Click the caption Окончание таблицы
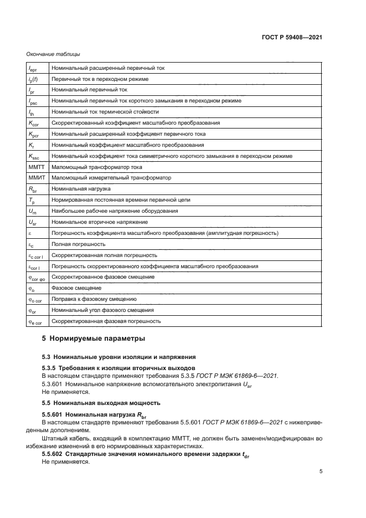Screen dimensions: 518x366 coord(53,54)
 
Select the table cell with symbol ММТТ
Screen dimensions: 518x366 coord(35,167)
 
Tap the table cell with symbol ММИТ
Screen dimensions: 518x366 coord(35,178)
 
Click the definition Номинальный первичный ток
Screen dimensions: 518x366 coord(89,90)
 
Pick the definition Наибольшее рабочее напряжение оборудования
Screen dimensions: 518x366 coord(107,211)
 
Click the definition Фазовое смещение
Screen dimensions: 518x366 coord(76,288)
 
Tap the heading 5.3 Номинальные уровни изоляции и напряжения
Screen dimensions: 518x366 coord(118,357)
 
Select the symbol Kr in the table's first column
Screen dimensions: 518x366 coord(31,145)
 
